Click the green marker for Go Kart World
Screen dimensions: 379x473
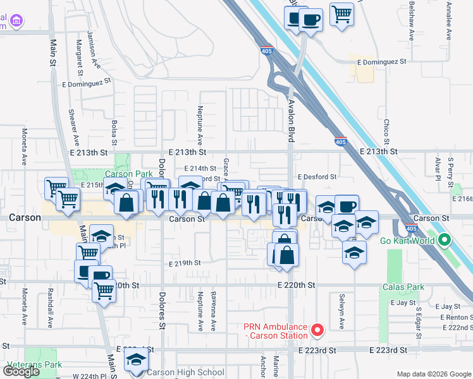coord(445,240)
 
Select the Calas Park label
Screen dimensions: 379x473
coord(403,287)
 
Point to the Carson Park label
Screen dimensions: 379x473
coord(110,174)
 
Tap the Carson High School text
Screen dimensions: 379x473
coord(185,372)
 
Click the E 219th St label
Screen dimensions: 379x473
coord(185,263)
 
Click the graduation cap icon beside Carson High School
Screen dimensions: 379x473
coord(135,361)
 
